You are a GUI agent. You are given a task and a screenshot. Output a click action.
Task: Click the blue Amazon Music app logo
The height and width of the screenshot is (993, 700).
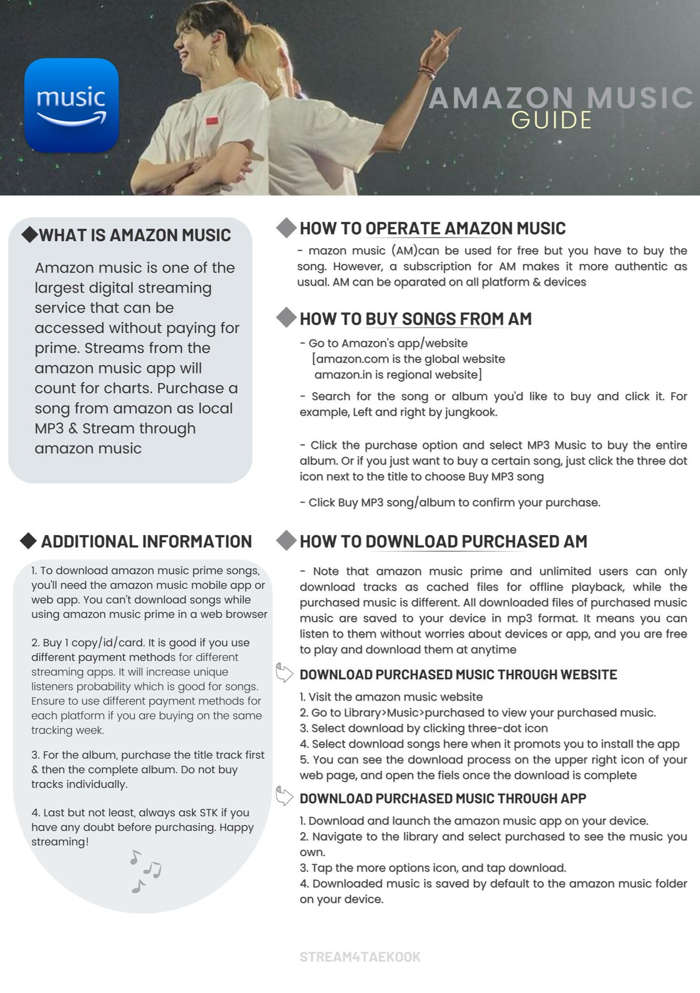pyautogui.click(x=71, y=105)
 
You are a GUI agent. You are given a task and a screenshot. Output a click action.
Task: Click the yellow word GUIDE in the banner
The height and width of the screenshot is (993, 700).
pyautogui.click(x=551, y=120)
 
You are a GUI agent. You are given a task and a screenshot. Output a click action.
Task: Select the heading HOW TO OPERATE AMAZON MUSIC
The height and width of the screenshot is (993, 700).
pyautogui.click(x=432, y=228)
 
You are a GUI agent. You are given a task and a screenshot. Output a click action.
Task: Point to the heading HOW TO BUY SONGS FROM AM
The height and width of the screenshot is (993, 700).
pyautogui.click(x=415, y=319)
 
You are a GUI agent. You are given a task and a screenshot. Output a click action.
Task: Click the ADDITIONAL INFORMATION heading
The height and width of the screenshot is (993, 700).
pyautogui.click(x=146, y=541)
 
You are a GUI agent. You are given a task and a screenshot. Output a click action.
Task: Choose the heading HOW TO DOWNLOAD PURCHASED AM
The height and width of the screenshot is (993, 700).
pyautogui.click(x=443, y=541)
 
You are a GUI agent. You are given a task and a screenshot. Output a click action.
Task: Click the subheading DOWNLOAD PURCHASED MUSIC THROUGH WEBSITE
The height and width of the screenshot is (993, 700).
pyautogui.click(x=458, y=674)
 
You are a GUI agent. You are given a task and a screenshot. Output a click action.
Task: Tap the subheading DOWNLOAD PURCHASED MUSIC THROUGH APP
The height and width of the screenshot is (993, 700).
pyautogui.click(x=443, y=799)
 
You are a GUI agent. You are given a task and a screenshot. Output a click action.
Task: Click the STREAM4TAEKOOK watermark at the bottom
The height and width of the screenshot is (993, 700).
pyautogui.click(x=360, y=957)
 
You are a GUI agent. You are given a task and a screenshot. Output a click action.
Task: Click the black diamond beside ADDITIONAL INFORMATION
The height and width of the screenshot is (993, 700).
pyautogui.click(x=29, y=541)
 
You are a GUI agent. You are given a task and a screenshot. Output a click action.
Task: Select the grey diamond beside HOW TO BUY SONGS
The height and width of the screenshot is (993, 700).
pyautogui.click(x=286, y=318)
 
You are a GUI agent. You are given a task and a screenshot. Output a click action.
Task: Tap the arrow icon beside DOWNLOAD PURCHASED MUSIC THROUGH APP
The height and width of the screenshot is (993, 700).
pyautogui.click(x=284, y=797)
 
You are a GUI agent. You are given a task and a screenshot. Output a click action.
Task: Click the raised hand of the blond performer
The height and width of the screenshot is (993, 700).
pyautogui.click(x=444, y=44)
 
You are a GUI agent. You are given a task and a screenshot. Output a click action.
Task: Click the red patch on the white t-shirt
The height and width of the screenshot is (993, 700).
pyautogui.click(x=212, y=121)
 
